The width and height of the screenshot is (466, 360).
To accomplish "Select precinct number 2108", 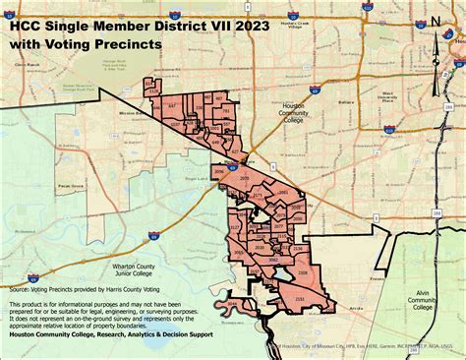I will click(303, 271).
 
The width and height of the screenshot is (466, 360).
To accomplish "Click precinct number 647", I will click(171, 104).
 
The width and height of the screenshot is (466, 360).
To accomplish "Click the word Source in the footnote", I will click(19, 291).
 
